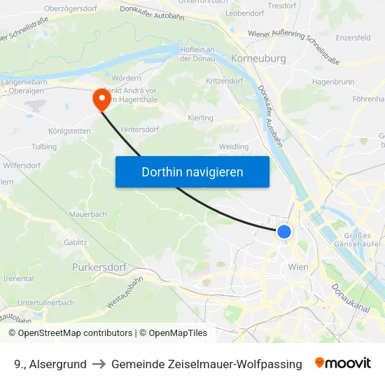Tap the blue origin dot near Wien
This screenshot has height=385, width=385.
click(x=283, y=231)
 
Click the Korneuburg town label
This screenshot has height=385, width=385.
click(x=262, y=59)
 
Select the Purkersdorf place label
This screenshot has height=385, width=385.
click(x=99, y=267)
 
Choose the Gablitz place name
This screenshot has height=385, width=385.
click(x=75, y=242)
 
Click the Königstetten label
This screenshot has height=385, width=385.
click(x=69, y=131)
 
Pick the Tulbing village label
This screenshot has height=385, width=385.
click(x=44, y=147)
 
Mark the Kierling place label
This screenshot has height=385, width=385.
click(x=201, y=118)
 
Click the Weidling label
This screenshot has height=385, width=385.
click(x=234, y=146)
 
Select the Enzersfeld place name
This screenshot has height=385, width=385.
click(x=353, y=38)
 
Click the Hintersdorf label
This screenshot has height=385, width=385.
click(x=140, y=129)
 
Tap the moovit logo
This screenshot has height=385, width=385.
click(x=342, y=363)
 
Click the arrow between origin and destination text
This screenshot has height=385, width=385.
click(x=99, y=364)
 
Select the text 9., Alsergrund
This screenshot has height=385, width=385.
click(x=50, y=364)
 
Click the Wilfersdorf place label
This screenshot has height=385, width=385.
click(x=22, y=165)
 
